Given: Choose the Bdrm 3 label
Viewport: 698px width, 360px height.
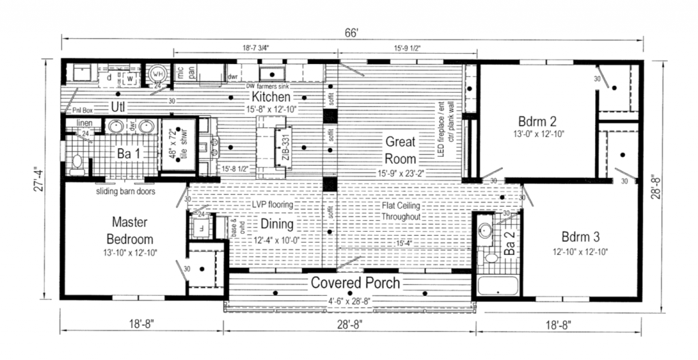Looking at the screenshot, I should tap(580, 237).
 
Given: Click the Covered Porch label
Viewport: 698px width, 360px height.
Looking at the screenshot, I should tap(355, 282).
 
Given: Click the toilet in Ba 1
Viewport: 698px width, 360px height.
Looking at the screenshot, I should tap(76, 163).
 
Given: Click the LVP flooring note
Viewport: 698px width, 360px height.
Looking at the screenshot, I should tap(271, 205).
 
